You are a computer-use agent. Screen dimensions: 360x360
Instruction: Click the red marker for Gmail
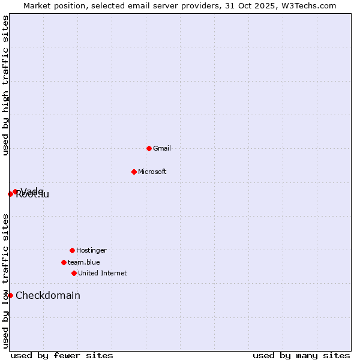[149, 148]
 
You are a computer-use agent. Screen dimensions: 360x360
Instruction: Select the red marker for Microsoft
[134, 172]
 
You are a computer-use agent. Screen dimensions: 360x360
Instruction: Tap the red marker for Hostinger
[72, 250]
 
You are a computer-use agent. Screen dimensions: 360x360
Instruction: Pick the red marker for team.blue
[64, 262]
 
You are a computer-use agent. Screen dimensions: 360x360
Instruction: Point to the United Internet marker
[74, 273]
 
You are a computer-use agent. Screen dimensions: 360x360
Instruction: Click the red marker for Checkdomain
[10, 295]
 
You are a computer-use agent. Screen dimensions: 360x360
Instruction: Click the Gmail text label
[162, 148]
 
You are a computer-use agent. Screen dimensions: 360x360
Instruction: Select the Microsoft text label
[152, 172]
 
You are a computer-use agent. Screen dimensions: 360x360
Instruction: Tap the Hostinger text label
[91, 250]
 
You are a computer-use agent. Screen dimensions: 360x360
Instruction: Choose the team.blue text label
[83, 262]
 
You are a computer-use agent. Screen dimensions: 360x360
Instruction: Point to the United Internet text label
[102, 273]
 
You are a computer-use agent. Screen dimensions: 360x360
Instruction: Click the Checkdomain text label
[48, 295]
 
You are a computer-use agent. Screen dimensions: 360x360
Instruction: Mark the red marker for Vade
[16, 192]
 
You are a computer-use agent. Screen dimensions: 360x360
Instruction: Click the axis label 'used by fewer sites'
[62, 355]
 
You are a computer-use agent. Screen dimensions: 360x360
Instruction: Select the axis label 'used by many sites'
[301, 355]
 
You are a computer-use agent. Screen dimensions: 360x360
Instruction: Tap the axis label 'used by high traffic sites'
[6, 85]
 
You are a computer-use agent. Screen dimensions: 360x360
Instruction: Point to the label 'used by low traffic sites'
[6, 281]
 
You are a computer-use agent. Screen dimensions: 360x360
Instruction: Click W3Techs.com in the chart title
[308, 5]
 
